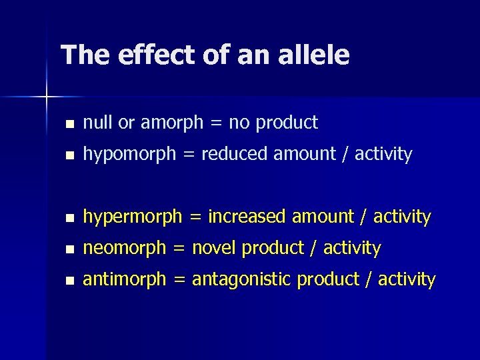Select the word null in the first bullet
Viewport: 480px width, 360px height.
(97, 123)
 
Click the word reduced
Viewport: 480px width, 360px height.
(232, 154)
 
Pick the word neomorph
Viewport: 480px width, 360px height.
(124, 249)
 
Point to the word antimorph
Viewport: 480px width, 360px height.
(124, 279)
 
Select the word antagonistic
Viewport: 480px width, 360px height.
(242, 280)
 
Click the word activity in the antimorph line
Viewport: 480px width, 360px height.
(407, 280)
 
